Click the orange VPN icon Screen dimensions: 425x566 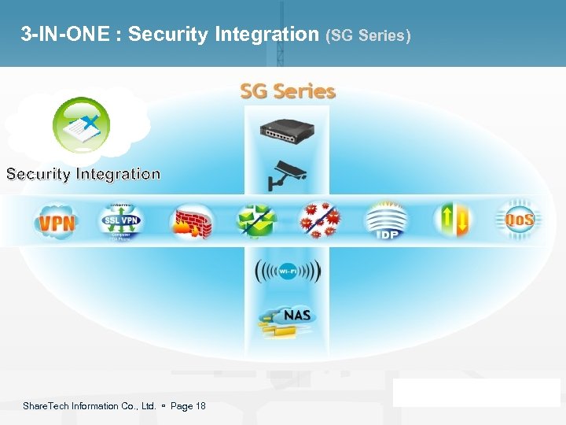tap(57, 221)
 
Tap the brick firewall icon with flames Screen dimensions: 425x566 tap(192, 221)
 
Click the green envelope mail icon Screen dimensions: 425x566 tap(256, 221)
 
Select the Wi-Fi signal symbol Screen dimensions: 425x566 tap(287, 272)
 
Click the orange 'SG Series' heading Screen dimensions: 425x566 tap(288, 91)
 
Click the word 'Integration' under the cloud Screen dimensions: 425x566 tap(118, 174)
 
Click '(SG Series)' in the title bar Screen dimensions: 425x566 tap(368, 35)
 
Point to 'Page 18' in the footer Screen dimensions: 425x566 tap(188, 406)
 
